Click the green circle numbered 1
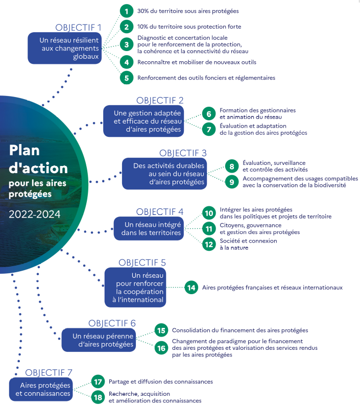pos(127,11)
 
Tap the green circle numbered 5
pos(127,78)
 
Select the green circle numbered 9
pos(232,182)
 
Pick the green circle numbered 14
pos(191,288)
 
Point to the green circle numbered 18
pos(98,397)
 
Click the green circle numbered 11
pos(209,229)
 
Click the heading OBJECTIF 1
pos(78,28)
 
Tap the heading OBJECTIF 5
pos(142,262)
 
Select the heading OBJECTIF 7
pos(49,373)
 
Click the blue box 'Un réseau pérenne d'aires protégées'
pos(99,340)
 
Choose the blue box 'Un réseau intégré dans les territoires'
pos(149,228)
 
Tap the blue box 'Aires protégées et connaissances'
pos(41,389)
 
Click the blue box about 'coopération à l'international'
pos(135,288)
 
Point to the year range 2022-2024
pos(34,214)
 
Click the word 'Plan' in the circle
pos(25,151)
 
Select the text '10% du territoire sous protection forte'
pos(189,27)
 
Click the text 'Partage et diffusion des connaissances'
pos(160,381)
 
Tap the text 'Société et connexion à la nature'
pos(248,244)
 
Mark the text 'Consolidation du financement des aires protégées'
pos(240,330)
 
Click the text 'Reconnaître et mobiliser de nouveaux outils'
pos(197,62)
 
